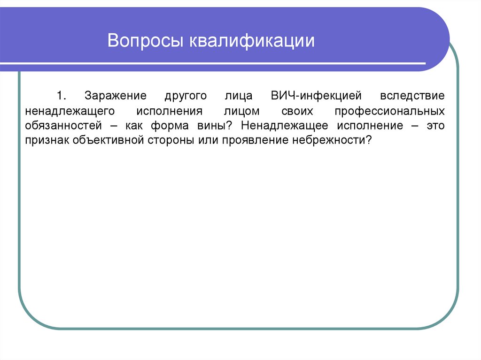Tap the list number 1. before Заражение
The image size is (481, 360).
click(62, 96)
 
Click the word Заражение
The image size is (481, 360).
click(116, 96)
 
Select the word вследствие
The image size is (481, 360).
click(412, 96)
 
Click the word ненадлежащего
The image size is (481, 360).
click(70, 111)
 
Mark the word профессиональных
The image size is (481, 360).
click(389, 111)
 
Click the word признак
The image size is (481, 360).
click(47, 140)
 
